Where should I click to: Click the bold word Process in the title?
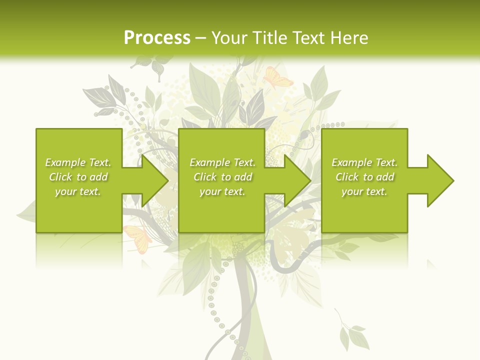click(157, 38)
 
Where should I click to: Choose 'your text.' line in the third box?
click(364, 191)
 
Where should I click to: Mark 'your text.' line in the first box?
click(78, 191)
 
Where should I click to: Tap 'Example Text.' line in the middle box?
click(222, 162)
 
